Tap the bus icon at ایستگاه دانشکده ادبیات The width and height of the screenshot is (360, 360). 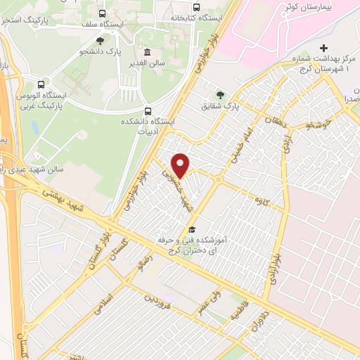pos(148,110)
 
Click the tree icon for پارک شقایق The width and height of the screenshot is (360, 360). pos(221,95)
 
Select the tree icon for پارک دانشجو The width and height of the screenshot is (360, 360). pos(100,41)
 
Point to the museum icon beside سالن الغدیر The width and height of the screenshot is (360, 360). pos(147,52)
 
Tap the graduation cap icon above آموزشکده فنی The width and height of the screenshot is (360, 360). pos(191,230)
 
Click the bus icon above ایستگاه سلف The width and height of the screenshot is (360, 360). pos(103,13)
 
